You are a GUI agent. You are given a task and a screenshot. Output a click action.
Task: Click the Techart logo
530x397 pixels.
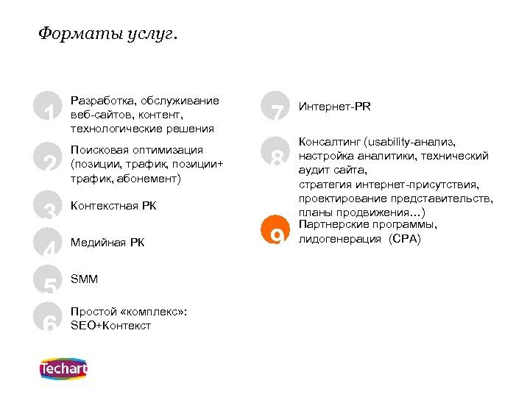[62, 368]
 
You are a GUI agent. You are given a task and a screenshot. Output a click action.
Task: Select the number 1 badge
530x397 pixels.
[49, 107]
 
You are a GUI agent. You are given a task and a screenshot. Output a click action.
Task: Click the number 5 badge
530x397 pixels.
[49, 280]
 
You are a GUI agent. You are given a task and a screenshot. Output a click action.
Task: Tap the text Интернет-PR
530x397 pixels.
[335, 107]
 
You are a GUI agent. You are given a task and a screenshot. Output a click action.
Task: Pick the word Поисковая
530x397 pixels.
[98, 149]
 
